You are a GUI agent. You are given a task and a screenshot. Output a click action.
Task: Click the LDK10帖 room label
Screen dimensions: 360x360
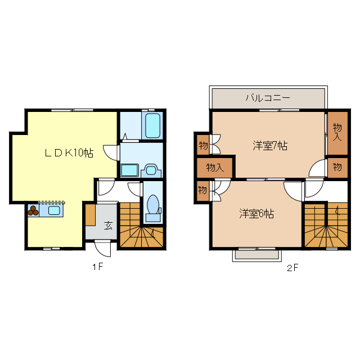click(x=69, y=152)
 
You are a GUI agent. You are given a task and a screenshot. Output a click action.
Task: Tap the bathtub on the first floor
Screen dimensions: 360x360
click(x=152, y=125)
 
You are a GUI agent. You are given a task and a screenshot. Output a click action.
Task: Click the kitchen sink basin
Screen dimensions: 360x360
click(x=55, y=211)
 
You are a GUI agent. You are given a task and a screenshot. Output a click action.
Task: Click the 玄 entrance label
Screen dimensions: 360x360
click(x=107, y=226)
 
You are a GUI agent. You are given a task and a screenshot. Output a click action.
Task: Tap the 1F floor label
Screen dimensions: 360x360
click(x=98, y=267)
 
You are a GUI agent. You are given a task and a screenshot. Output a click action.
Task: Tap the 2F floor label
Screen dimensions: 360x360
click(x=291, y=268)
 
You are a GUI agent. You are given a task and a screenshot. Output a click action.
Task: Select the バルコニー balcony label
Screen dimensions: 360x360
click(x=268, y=98)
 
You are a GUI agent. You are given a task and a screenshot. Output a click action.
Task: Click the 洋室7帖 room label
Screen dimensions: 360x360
click(x=270, y=146)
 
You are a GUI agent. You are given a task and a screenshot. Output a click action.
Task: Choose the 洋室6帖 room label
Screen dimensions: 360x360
click(x=256, y=214)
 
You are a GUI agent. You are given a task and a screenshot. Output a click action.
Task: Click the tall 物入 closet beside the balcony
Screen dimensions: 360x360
click(x=337, y=132)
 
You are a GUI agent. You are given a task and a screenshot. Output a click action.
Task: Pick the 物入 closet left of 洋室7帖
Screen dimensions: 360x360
click(x=215, y=167)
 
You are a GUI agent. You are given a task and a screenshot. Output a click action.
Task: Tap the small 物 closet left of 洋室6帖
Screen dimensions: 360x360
click(x=202, y=190)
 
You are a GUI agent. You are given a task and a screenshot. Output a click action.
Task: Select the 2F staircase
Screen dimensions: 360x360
click(x=326, y=225)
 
